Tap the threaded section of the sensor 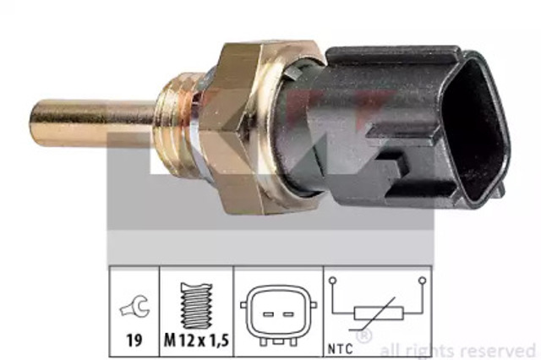pos(172,129)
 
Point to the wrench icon pos(134,306)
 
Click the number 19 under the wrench pos(134,341)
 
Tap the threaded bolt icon pos(197,306)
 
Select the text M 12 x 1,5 pos(196,341)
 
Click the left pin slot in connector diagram pos(269,314)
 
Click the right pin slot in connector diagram pos(288,314)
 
